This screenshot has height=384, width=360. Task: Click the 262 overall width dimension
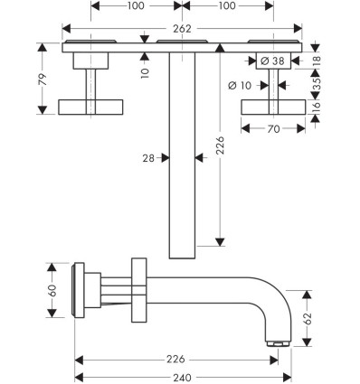(182, 29)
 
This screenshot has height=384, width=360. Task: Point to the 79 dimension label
(43, 79)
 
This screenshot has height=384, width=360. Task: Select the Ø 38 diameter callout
(272, 61)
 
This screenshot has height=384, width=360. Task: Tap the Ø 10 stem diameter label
(240, 86)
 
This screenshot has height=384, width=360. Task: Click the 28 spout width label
(148, 158)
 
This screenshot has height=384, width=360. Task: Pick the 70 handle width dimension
(273, 129)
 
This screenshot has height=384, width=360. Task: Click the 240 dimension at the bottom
(182, 378)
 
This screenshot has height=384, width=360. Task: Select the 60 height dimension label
(52, 290)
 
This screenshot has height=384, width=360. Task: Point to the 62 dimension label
(307, 319)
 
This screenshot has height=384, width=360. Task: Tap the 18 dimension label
(317, 61)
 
